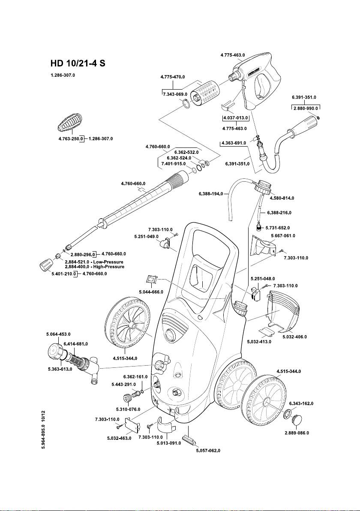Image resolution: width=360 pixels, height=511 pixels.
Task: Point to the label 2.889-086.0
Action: coord(297,433)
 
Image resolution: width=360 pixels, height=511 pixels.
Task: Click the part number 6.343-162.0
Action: coord(301,403)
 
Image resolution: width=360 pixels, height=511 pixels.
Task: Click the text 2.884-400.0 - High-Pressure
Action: coord(94,267)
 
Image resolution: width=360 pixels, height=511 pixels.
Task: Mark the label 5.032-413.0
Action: coord(259,342)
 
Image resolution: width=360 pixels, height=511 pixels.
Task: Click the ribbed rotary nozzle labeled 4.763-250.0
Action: coord(71,123)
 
